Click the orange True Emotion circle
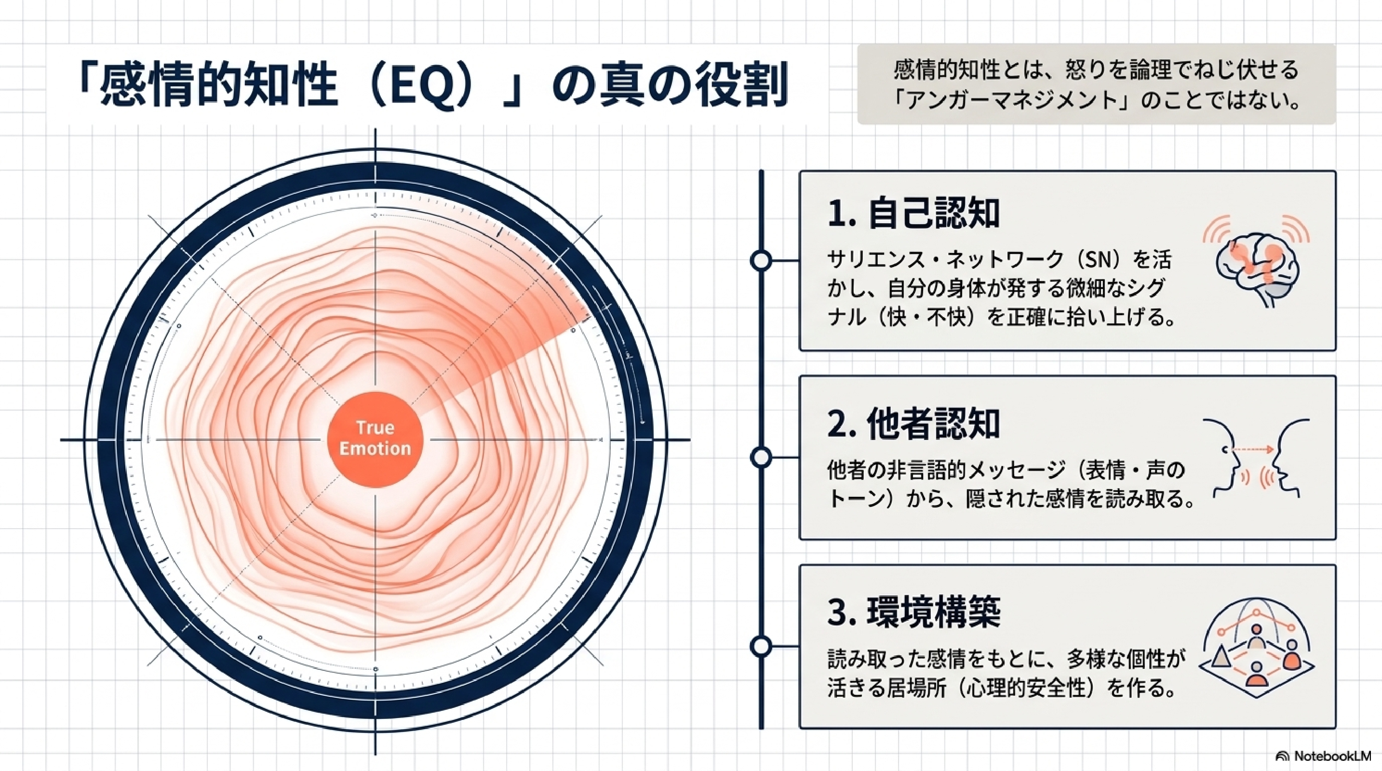click(x=375, y=439)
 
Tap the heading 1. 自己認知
click(x=913, y=213)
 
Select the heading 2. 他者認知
click(x=913, y=424)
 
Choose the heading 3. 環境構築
click(x=913, y=612)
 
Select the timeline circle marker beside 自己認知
click(x=761, y=261)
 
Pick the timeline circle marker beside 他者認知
click(x=761, y=458)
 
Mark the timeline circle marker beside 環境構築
click(x=761, y=647)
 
